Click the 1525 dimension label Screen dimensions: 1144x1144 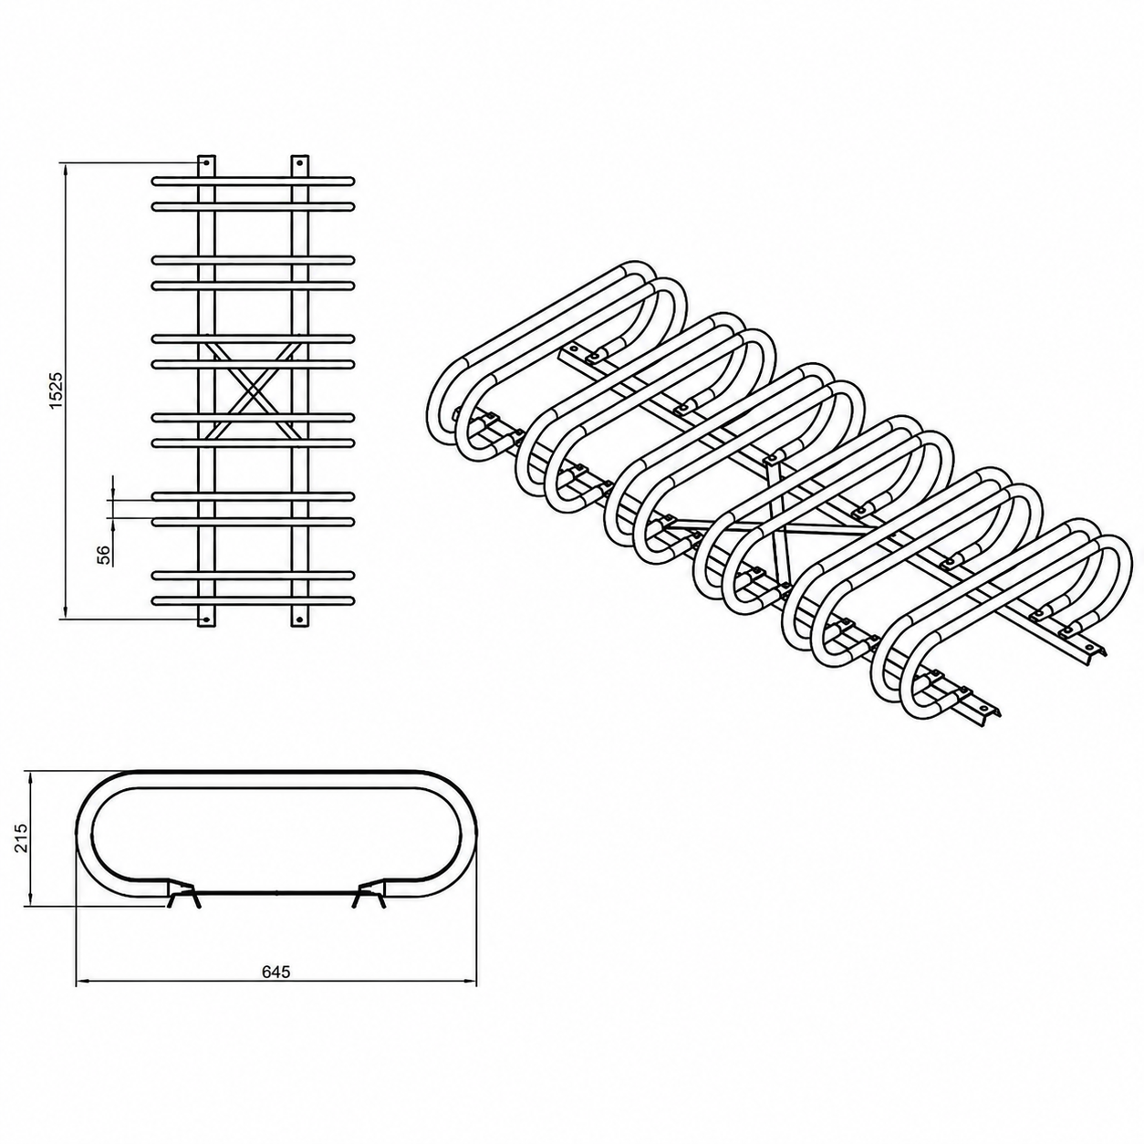click(56, 390)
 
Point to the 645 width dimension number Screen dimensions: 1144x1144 click(276, 972)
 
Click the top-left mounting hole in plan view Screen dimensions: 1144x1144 click(206, 162)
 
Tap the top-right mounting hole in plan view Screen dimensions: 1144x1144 click(300, 162)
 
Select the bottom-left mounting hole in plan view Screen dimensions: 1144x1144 click(206, 619)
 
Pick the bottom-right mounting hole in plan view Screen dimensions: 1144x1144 click(300, 619)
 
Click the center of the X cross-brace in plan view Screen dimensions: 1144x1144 click(253, 390)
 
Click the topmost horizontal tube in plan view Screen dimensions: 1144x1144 click(253, 180)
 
